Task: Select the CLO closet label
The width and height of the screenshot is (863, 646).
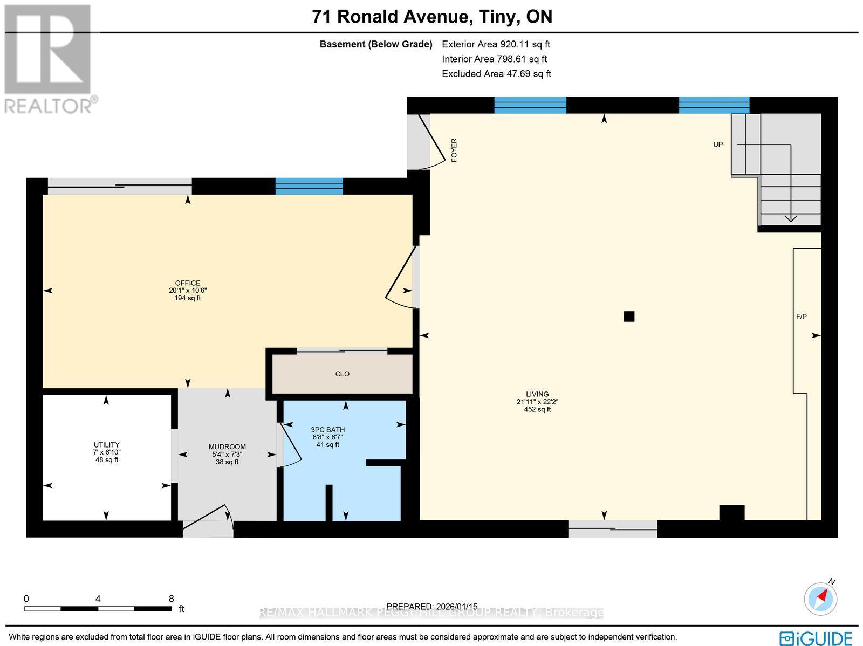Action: [343, 374]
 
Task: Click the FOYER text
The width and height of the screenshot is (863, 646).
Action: [454, 150]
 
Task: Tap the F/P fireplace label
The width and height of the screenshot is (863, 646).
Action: [802, 317]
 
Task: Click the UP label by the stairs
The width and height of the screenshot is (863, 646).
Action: [718, 145]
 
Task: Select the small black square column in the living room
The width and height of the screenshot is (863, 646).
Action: [629, 317]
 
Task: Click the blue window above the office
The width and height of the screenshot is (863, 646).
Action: [309, 186]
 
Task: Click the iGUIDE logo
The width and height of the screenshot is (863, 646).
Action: [817, 637]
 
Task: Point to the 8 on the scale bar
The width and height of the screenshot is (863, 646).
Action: [171, 599]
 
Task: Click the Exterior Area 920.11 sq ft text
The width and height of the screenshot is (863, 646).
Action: [496, 45]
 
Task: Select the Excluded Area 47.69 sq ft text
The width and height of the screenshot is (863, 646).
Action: [496, 74]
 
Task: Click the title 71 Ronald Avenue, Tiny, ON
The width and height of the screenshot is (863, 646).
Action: [432, 17]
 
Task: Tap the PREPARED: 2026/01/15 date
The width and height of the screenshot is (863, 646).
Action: [432, 607]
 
